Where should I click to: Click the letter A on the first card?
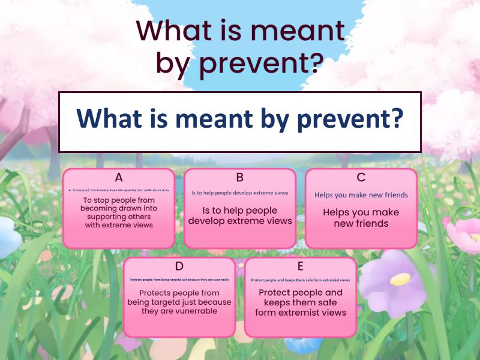(119, 177)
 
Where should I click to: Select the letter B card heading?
(239, 177)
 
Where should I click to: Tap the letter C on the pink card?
(361, 177)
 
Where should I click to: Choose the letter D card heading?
(179, 266)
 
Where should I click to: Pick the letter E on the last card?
(300, 266)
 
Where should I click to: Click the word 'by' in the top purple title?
(172, 63)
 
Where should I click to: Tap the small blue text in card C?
(361, 195)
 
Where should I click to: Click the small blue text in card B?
(239, 193)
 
